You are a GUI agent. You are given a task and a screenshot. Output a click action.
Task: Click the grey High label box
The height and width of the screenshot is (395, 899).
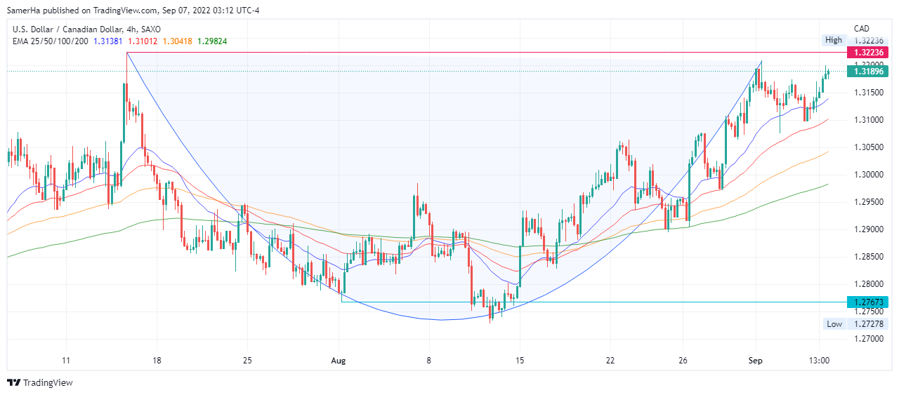(x=833, y=41)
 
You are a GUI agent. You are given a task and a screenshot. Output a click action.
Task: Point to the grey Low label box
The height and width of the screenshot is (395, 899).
(x=834, y=324)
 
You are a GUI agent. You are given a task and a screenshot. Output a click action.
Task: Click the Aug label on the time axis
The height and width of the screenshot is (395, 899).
(x=339, y=361)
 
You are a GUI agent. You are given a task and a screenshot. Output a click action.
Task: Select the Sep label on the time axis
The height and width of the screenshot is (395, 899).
(x=756, y=361)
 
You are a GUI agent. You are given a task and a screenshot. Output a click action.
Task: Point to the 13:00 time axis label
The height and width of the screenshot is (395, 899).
(x=820, y=361)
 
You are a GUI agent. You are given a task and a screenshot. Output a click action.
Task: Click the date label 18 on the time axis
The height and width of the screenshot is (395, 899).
(x=157, y=361)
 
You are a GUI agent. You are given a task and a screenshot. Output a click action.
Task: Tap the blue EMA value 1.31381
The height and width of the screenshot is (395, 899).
(x=109, y=41)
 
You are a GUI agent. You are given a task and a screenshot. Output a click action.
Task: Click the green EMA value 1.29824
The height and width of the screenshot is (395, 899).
(x=213, y=41)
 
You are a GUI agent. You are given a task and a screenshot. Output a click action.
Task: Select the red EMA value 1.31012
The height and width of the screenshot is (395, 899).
(x=143, y=41)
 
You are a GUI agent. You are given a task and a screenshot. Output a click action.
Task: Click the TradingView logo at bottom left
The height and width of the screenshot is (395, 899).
(x=40, y=382)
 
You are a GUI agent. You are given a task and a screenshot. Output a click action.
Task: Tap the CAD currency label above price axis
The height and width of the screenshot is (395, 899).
(x=862, y=29)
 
